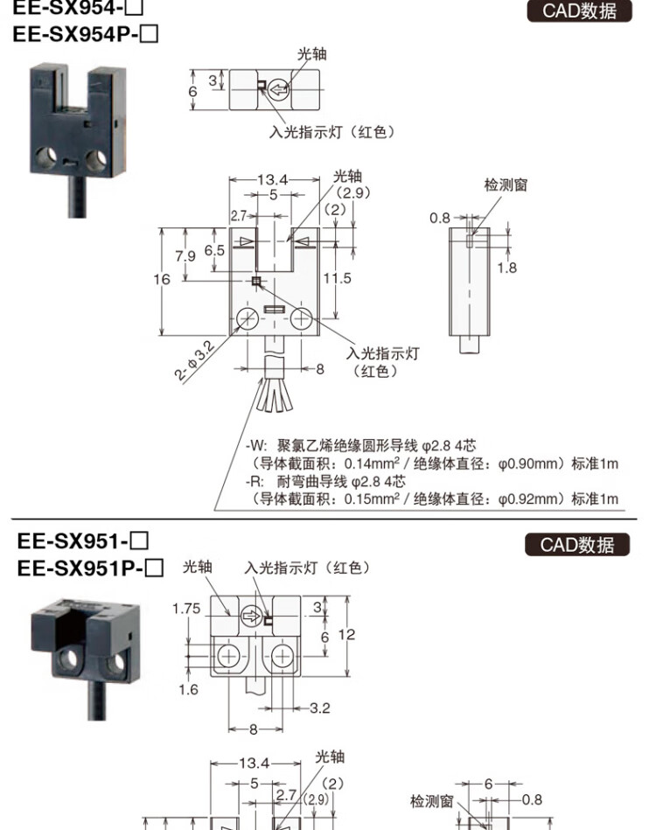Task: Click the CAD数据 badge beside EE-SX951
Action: pos(577,545)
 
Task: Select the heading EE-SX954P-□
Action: pos(86,37)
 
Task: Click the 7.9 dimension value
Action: pos(185,256)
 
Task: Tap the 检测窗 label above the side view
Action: pos(506,185)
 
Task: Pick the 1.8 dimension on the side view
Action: pos(506,268)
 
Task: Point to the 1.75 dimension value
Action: pos(187,608)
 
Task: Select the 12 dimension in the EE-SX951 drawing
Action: pos(347,633)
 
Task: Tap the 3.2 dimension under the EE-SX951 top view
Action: pos(319,707)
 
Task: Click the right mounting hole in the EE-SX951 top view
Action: pos(283,655)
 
